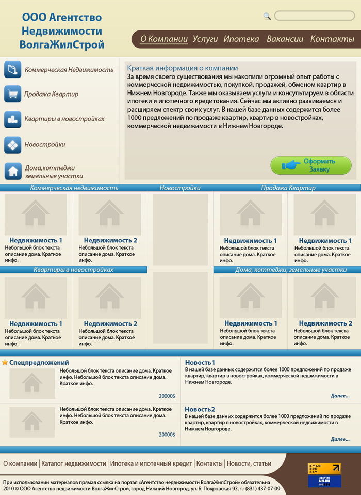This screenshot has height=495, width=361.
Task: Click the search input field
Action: pos(314,16)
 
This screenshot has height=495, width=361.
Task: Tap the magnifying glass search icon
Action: pos(267,16)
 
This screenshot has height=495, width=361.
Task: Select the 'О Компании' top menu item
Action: pos(163,39)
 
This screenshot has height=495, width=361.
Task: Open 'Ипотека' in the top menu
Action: pos(241,39)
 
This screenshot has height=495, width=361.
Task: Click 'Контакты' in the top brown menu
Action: pos(332,39)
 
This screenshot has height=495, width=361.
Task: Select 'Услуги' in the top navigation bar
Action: pos(205,39)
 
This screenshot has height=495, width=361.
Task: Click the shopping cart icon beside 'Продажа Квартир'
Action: pos(12,94)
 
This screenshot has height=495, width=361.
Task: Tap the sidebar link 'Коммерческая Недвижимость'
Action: pos(69,69)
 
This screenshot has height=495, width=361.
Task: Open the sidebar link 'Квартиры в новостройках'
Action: pos(64,119)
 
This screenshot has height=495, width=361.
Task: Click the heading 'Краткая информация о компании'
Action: pos(183,68)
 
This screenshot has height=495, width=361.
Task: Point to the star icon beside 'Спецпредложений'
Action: pos(5,362)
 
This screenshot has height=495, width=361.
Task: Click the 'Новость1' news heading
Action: pos(200,362)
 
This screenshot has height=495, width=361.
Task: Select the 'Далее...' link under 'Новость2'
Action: pos(340,439)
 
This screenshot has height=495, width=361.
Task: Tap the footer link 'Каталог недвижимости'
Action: pos(74,463)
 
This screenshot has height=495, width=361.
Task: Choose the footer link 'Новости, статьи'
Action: pos(249,463)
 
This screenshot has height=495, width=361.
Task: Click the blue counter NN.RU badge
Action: pos(324,482)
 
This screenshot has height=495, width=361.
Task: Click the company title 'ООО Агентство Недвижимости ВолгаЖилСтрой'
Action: pos(62,31)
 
